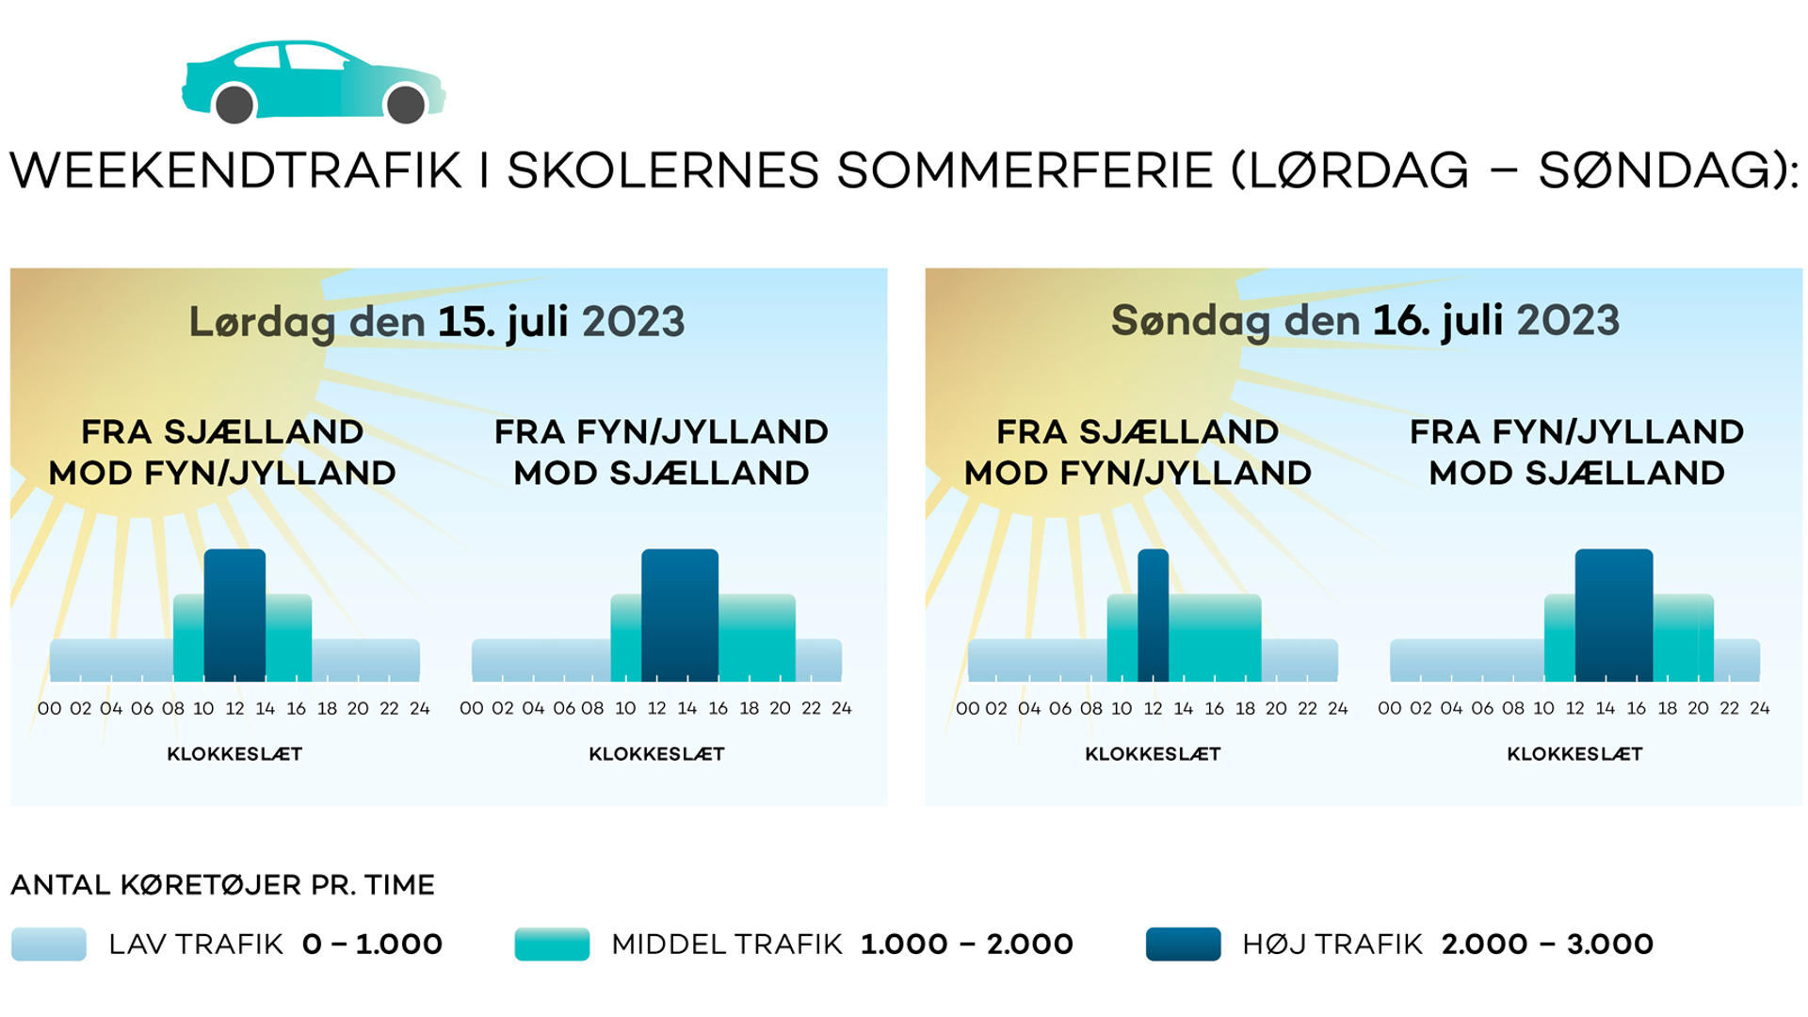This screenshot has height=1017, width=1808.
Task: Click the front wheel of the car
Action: [x=406, y=105]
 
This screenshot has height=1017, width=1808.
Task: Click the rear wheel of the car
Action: [x=234, y=104]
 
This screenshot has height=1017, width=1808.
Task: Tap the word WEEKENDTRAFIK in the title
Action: [x=236, y=171]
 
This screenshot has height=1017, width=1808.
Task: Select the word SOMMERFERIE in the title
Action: [x=1025, y=171]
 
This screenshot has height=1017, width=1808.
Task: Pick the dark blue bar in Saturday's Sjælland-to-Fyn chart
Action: [x=234, y=615]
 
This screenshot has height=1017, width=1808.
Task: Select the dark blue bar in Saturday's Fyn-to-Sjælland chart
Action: [x=680, y=615]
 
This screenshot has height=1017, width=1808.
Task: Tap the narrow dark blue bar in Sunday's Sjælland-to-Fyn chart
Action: [x=1153, y=615]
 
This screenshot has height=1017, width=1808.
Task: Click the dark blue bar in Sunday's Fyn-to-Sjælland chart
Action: [x=1614, y=615]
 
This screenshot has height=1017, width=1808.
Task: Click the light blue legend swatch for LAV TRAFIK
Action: [x=49, y=944]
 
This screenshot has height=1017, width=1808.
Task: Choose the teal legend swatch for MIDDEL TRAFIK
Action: [x=552, y=944]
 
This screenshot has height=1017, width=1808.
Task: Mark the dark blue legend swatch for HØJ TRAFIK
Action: [x=1183, y=944]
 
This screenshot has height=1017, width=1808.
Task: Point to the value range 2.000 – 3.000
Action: [x=1547, y=944]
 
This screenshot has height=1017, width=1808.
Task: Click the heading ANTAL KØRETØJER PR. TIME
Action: [x=222, y=885]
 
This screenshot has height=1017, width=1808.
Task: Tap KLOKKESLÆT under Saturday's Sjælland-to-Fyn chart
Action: [x=234, y=754]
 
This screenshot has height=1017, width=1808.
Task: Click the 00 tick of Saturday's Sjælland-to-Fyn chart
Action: [x=49, y=708]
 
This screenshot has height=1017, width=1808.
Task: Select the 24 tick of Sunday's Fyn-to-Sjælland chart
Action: [x=1759, y=708]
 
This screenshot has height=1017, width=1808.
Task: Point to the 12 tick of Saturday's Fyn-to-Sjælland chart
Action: [x=656, y=708]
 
